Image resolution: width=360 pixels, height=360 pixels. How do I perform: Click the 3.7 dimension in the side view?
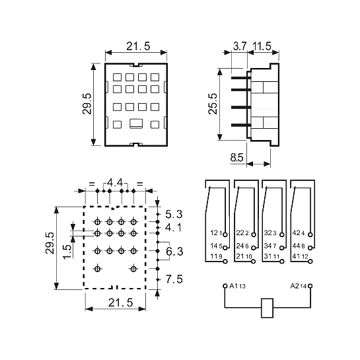(240, 46)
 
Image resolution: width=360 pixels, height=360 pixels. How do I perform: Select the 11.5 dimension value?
(262, 46)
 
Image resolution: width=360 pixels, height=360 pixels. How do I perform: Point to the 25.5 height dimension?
(213, 104)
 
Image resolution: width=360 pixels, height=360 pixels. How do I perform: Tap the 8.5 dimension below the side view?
(236, 157)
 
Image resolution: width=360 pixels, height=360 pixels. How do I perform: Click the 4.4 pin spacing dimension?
(115, 183)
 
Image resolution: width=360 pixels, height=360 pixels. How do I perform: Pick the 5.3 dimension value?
(174, 214)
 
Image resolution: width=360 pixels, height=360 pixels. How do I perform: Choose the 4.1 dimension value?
(173, 227)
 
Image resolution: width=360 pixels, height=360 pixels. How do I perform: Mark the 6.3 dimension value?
(174, 252)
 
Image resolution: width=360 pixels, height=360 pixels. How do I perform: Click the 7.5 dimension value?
(174, 279)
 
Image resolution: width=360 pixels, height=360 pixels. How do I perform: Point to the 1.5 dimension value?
(67, 252)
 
